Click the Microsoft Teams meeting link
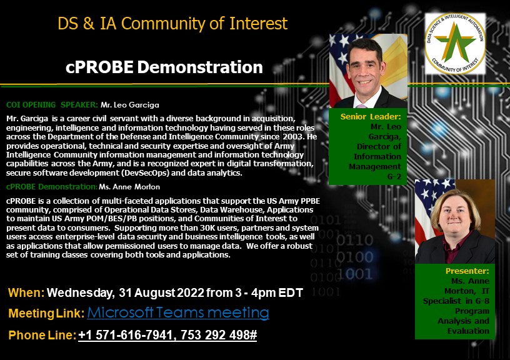tap(178, 313)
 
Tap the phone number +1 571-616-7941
tap(126, 335)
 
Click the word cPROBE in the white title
tap(99, 67)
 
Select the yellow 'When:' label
tap(26, 292)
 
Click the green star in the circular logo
tap(455, 42)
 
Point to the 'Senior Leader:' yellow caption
tap(371, 116)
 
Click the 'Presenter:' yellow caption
tap(467, 271)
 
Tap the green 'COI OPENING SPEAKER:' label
tap(52, 105)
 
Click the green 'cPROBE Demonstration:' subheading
tap(52, 187)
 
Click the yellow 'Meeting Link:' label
tap(46, 314)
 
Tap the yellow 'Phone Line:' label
tap(42, 335)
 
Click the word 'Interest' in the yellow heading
tap(259, 23)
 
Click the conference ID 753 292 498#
tap(219, 335)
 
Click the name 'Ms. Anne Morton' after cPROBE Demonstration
tap(129, 187)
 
